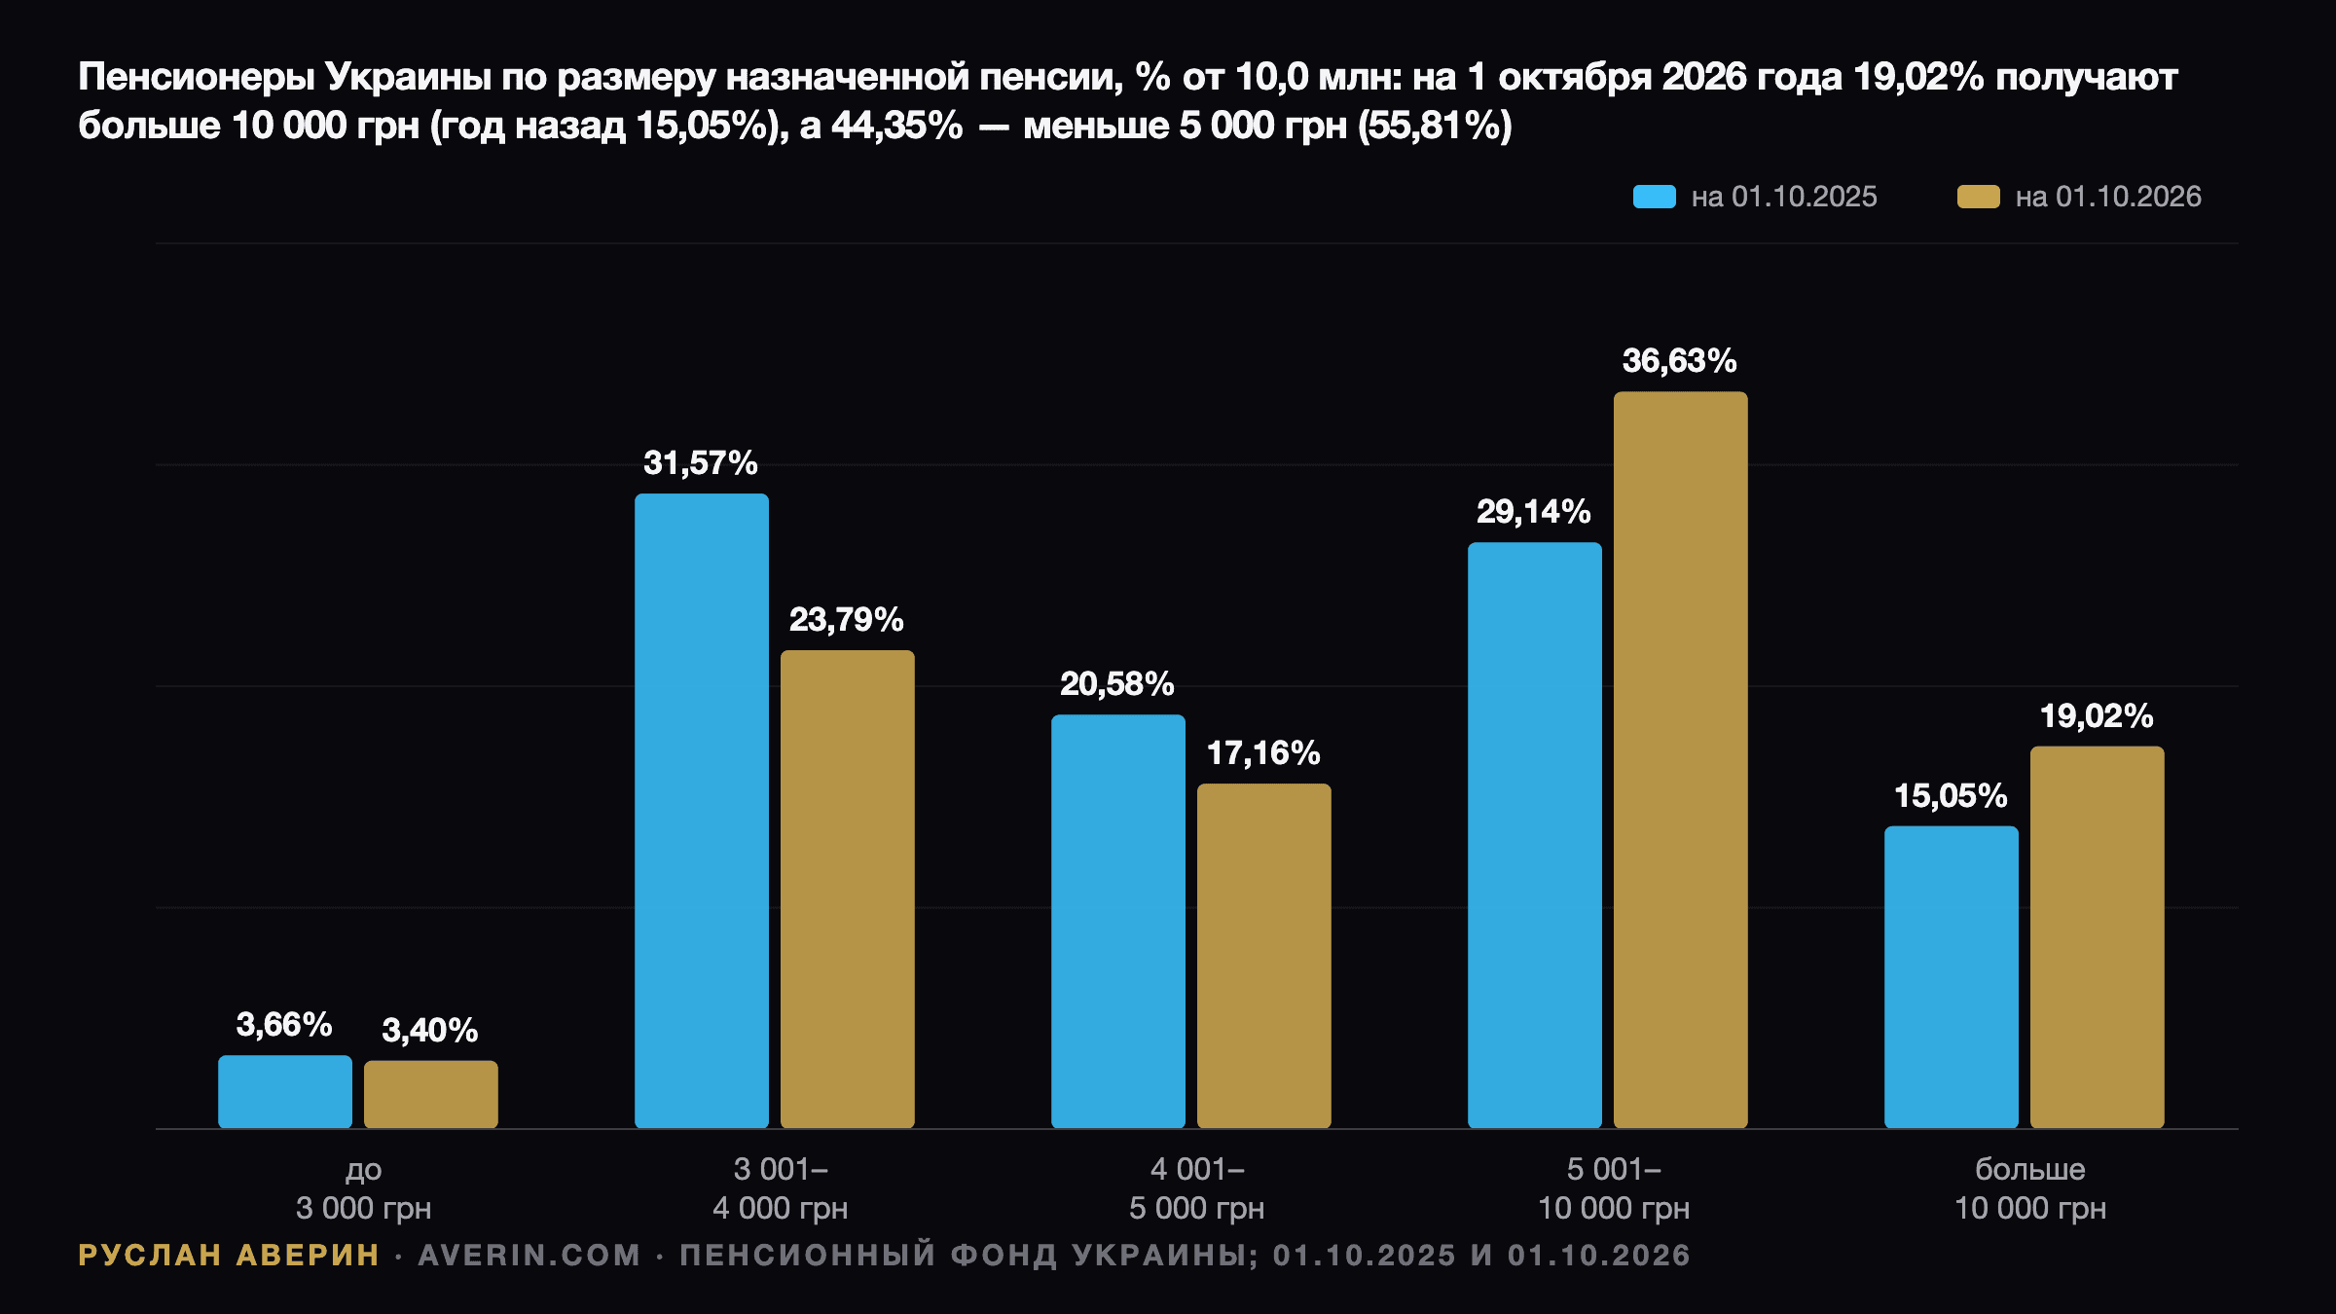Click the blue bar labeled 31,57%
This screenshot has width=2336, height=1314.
tap(702, 811)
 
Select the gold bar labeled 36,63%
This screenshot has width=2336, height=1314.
tap(1681, 760)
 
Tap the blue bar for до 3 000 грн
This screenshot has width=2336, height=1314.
tap(285, 1092)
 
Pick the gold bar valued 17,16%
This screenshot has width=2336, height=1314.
tap(1264, 956)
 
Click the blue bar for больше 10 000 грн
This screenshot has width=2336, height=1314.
tap(1952, 977)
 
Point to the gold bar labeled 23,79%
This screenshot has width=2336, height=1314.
tap(848, 890)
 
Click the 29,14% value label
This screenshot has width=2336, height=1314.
tap(1534, 512)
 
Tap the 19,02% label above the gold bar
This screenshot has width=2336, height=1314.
tap(2097, 716)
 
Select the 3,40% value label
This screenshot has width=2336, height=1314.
tap(430, 1031)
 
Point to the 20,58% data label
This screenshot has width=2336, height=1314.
tap(1117, 684)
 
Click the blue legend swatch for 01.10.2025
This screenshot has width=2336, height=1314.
tap(1655, 197)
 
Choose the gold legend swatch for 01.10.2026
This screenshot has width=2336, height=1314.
tap(1979, 197)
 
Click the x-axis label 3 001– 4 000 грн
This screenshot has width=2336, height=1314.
tap(781, 1188)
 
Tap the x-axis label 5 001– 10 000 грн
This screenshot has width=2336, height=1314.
tap(1614, 1188)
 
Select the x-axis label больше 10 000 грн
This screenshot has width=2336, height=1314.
tap(2030, 1188)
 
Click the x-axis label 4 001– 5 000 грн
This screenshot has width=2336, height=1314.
tap(1197, 1188)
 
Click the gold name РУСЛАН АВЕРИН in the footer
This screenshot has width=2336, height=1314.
tap(229, 1256)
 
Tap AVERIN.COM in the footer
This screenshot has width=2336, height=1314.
tap(529, 1256)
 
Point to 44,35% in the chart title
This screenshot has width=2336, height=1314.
tap(896, 126)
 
